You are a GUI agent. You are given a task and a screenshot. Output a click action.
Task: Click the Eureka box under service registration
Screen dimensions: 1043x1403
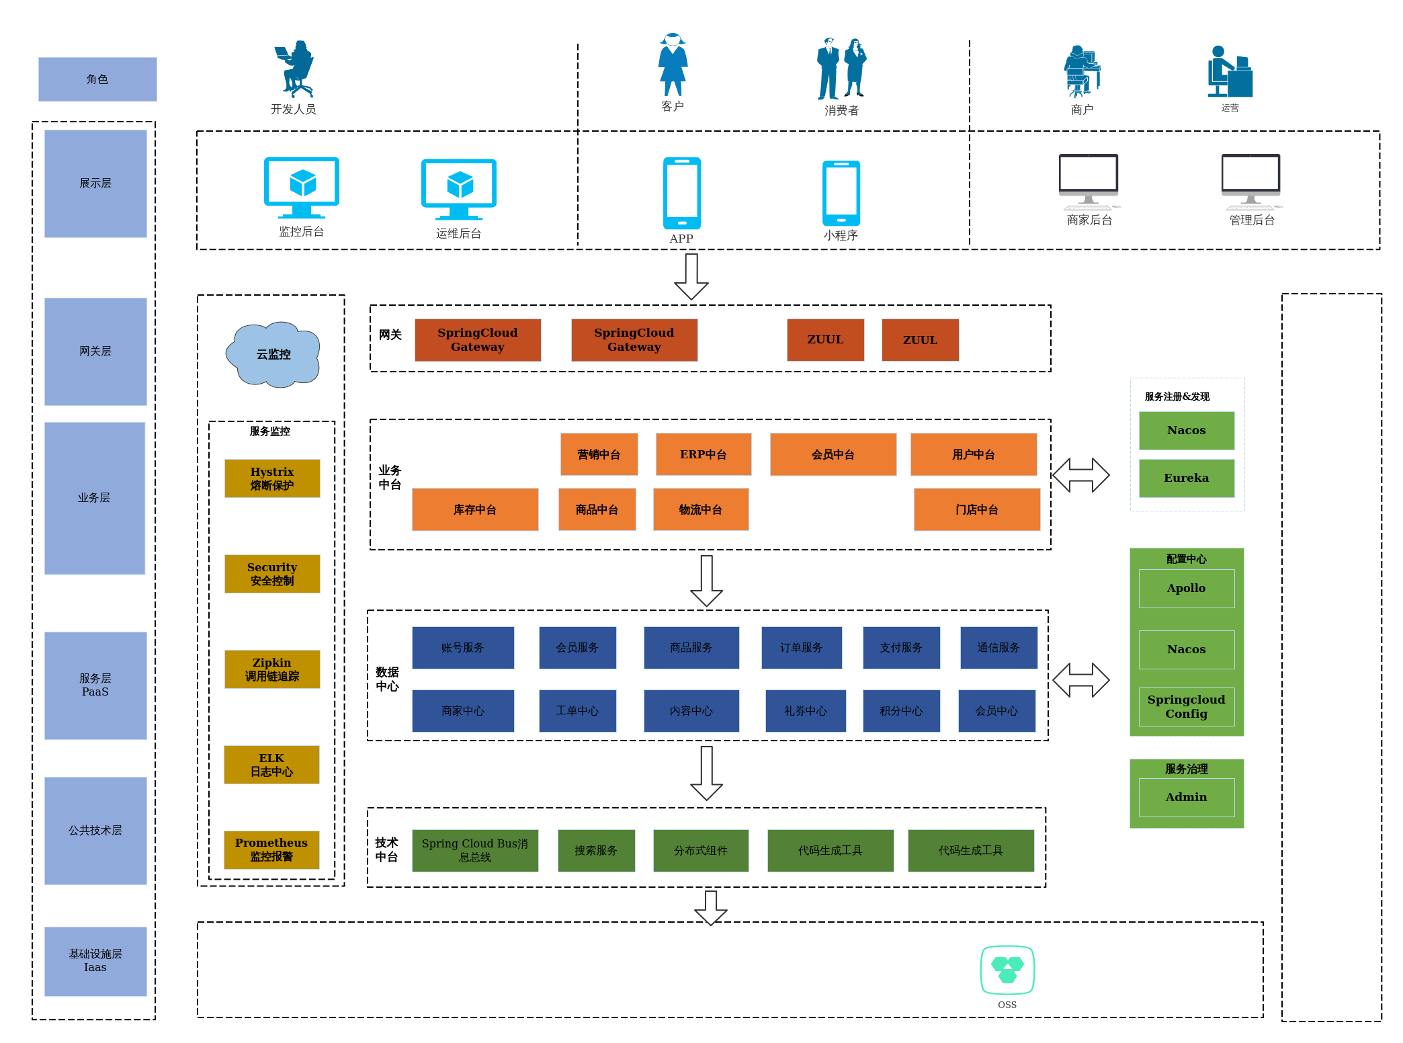click(x=1186, y=478)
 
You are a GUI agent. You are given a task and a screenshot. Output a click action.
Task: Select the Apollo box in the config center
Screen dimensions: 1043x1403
click(x=1186, y=588)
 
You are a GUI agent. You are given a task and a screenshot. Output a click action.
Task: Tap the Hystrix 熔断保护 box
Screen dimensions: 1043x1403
click(x=272, y=478)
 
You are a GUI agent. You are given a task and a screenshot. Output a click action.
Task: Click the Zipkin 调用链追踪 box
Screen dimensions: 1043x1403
click(x=272, y=669)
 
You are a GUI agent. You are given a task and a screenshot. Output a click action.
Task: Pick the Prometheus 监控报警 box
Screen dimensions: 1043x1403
click(x=271, y=849)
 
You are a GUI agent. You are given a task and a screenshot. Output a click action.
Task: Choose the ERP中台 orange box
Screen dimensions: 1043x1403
click(x=703, y=454)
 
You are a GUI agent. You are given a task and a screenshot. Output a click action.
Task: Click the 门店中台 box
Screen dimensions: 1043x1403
click(x=976, y=509)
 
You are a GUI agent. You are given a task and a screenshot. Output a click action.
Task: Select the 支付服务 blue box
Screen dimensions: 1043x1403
click(x=901, y=647)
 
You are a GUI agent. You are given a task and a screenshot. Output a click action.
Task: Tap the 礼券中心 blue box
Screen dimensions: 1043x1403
click(x=805, y=710)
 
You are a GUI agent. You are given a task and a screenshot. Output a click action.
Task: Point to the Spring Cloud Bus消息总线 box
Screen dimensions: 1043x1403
click(x=474, y=850)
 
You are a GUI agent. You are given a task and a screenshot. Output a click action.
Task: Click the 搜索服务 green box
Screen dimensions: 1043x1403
click(x=596, y=850)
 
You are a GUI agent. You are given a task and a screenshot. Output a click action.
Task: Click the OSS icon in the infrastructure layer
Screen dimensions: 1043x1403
click(x=1007, y=970)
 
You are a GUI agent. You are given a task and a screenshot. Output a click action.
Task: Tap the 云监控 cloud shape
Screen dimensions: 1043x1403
click(x=273, y=354)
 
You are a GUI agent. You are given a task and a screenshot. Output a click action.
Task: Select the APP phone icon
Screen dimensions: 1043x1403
click(x=681, y=193)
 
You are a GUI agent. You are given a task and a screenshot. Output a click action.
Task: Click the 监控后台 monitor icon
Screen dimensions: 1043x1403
click(x=301, y=187)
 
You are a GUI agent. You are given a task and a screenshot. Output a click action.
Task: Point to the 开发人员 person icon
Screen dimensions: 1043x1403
click(x=296, y=69)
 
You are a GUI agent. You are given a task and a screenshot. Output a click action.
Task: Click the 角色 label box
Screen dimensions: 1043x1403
click(x=97, y=79)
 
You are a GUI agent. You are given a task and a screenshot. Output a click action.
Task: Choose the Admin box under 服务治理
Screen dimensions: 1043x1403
click(x=1186, y=797)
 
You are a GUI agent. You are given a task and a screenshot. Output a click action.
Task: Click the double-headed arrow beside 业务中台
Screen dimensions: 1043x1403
click(x=1080, y=475)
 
